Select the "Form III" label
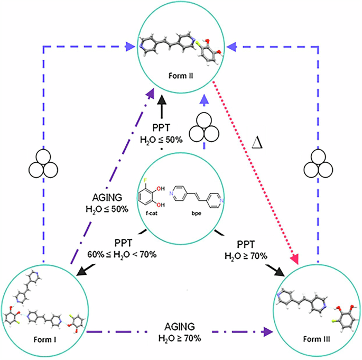pos(318,339)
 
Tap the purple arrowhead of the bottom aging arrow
pos(267,332)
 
